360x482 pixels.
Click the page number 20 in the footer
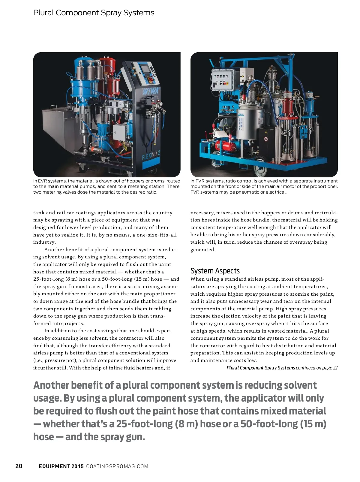19,466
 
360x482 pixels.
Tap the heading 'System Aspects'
215,271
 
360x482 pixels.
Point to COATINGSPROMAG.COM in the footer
117,466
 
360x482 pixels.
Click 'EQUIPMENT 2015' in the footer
61,466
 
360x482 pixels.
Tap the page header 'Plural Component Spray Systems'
94,13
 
